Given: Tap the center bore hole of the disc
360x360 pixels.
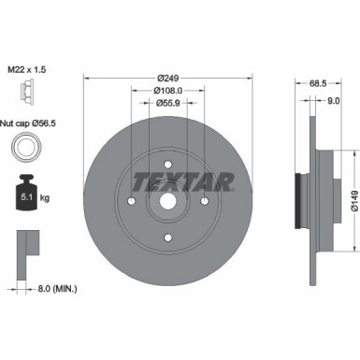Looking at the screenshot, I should click(x=168, y=199).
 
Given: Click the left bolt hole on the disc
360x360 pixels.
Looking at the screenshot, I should click(x=132, y=199).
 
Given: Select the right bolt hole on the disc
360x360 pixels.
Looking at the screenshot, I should click(x=205, y=199).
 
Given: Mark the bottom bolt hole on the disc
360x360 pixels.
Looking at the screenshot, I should click(x=168, y=236).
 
